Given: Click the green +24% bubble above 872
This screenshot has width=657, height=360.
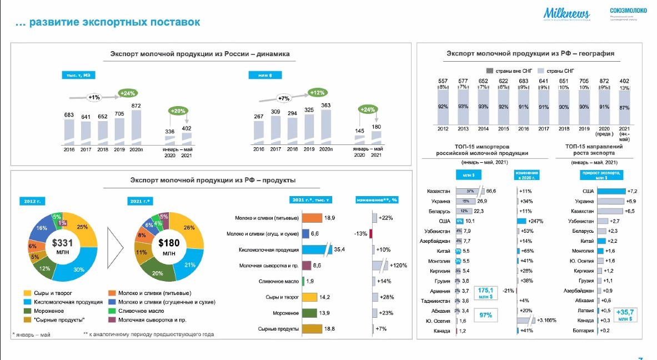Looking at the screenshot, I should pyautogui.click(x=128, y=93).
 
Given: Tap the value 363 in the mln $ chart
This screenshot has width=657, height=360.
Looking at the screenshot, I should pyautogui.click(x=327, y=106).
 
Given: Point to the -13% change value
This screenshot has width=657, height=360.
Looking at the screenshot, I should pyautogui.click(x=360, y=234).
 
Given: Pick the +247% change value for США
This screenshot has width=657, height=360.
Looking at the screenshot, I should pyautogui.click(x=536, y=221).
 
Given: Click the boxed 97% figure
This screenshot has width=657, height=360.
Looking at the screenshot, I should pyautogui.click(x=487, y=315).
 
